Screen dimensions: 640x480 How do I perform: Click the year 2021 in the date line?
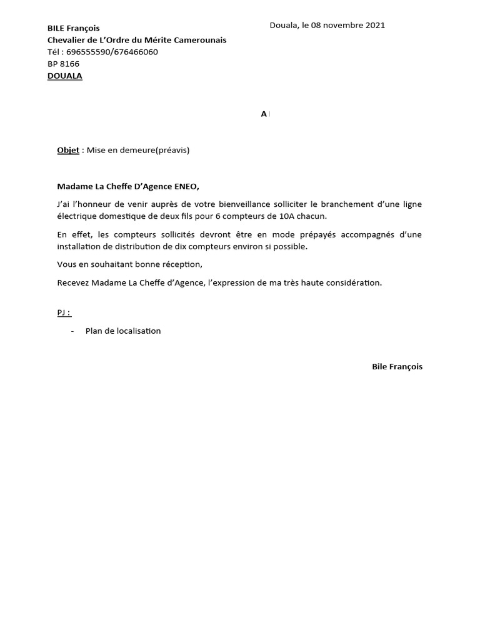tap(374, 26)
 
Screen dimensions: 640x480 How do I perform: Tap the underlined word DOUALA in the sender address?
tap(65, 76)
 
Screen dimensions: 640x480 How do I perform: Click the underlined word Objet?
tap(68, 150)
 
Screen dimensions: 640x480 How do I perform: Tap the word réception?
tap(181, 264)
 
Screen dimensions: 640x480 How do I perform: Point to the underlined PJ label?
tap(63, 312)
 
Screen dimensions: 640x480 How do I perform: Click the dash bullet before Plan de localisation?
tap(73, 331)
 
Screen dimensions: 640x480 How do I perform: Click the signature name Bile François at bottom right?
tap(397, 367)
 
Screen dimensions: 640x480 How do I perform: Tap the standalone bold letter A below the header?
tap(264, 114)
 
